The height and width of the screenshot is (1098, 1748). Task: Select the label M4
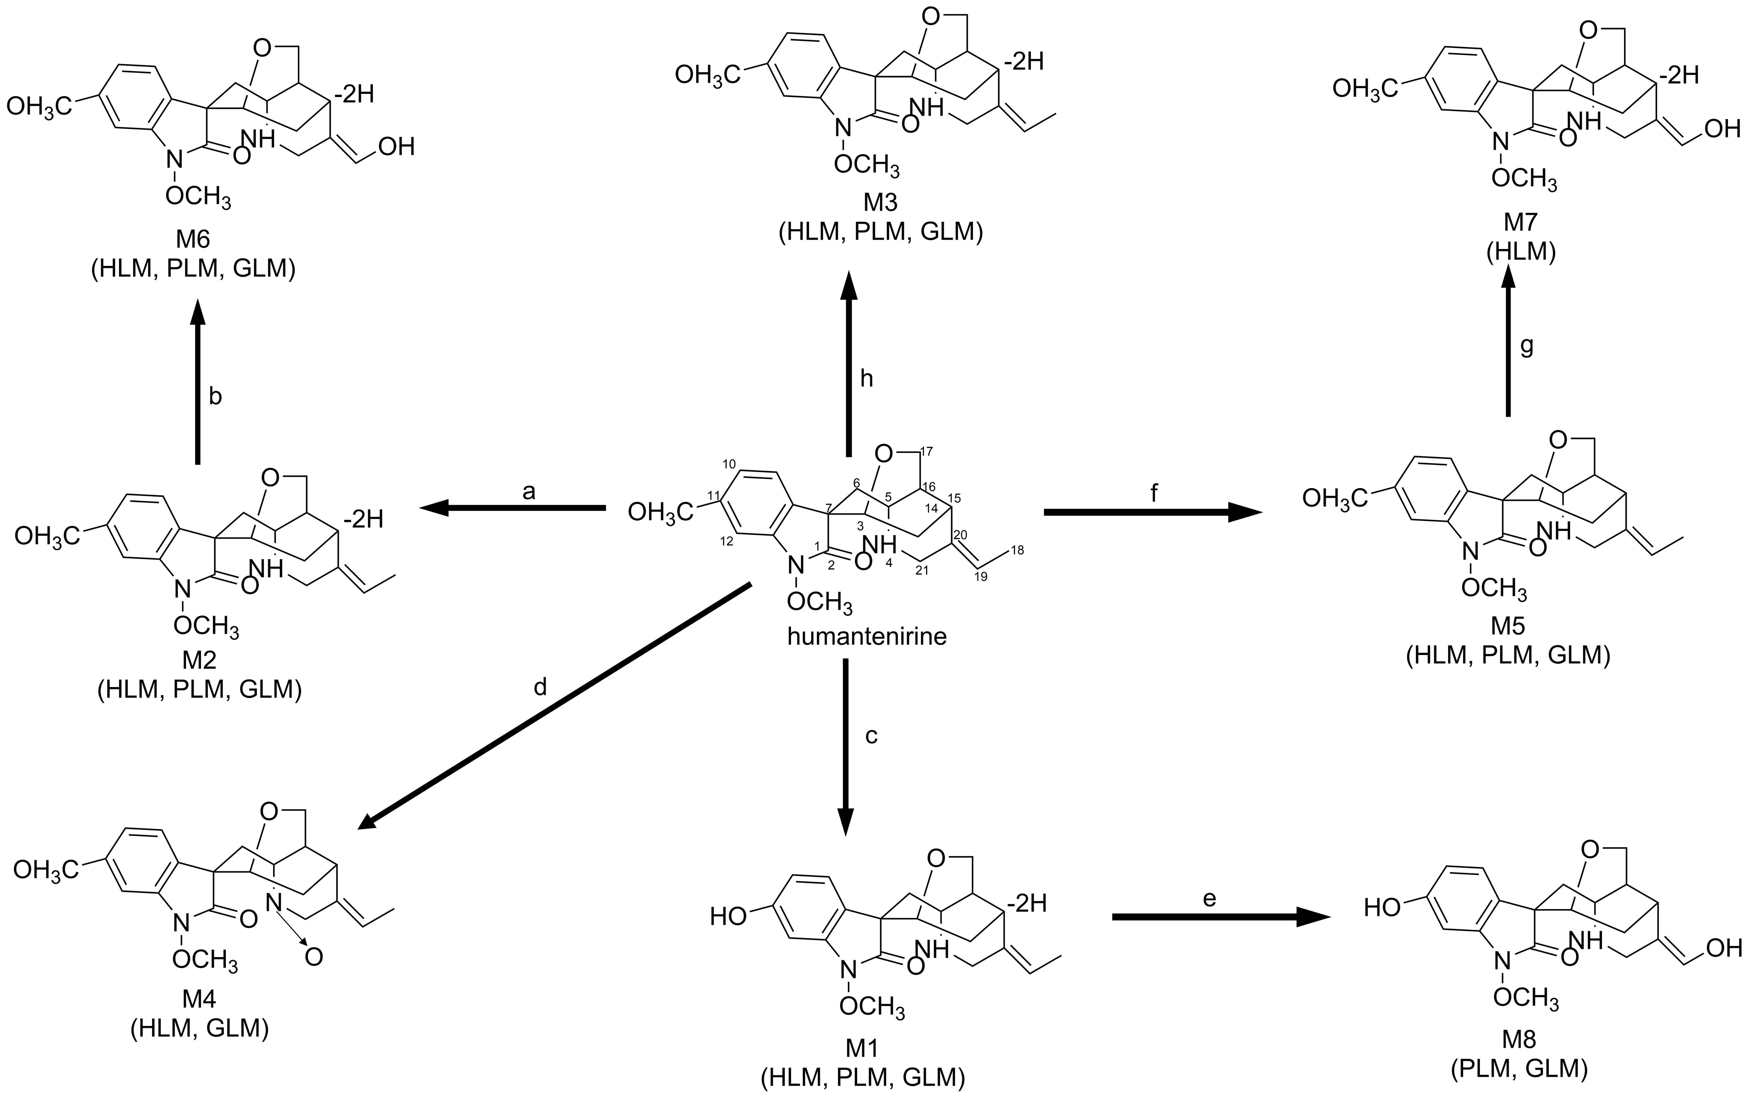pos(199,999)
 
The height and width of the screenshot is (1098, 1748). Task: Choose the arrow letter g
pos(1527,348)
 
